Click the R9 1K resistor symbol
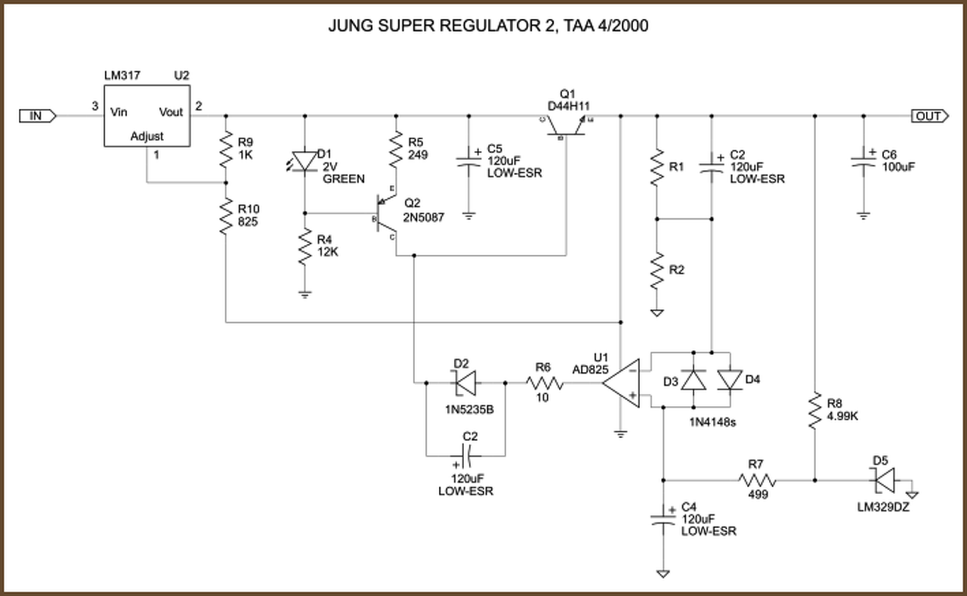point(226,150)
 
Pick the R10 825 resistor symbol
point(226,216)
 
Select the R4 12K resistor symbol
point(305,248)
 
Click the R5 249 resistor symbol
point(394,150)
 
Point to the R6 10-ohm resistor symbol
point(545,383)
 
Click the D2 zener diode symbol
point(465,383)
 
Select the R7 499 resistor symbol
point(757,480)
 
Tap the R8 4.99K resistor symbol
point(815,411)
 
